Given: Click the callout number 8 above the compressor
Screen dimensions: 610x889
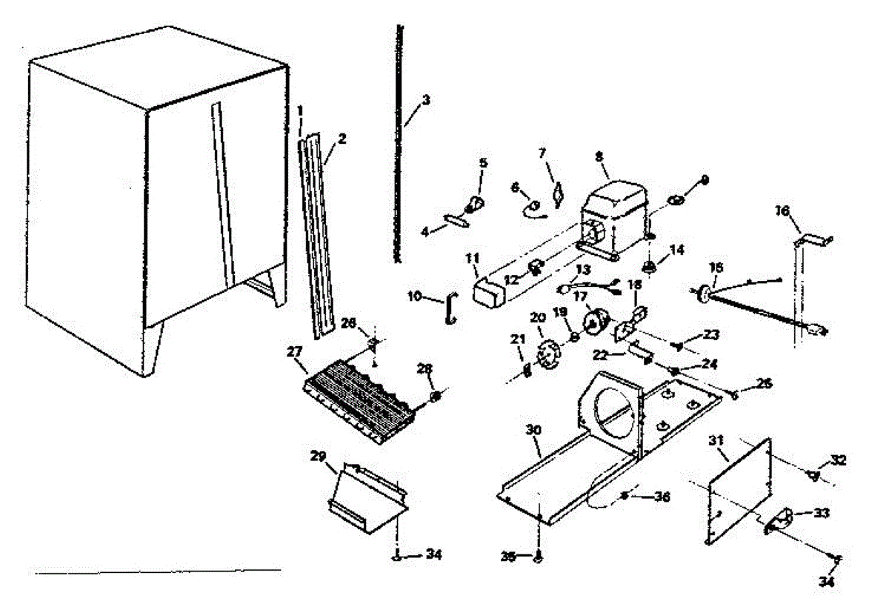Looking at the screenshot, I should coord(599,156).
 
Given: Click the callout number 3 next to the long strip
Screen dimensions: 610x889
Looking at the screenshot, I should coord(424,100).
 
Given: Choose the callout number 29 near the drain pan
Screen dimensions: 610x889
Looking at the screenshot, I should coord(318,457).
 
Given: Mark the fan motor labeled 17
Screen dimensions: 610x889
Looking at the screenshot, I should coord(596,322).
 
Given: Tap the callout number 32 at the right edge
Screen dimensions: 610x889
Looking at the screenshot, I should coord(838,460).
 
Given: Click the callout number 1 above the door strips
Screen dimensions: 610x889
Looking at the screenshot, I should coord(300,111).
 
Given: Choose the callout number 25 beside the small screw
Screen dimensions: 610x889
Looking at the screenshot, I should coord(765,383).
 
